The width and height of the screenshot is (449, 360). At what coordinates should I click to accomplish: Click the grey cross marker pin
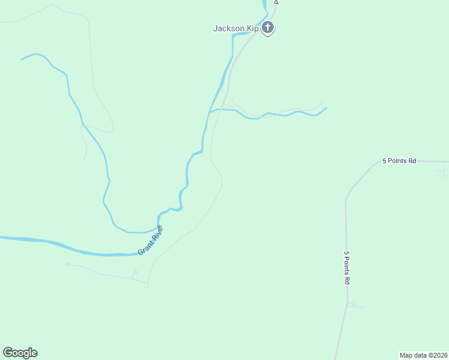(x=268, y=28)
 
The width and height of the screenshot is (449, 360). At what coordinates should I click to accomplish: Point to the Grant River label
(x=151, y=240)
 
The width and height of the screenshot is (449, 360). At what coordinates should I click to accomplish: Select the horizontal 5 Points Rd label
(x=399, y=161)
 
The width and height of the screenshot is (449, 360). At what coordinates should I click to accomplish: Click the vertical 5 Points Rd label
(x=347, y=267)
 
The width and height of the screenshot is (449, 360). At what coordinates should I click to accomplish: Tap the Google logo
(x=20, y=353)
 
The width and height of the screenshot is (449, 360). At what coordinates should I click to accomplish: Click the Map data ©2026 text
(x=424, y=355)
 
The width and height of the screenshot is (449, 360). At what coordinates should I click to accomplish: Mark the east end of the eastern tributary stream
(x=326, y=108)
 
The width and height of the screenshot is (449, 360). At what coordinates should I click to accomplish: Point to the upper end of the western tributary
(x=22, y=59)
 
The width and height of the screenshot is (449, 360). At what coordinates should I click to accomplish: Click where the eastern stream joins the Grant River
(x=209, y=112)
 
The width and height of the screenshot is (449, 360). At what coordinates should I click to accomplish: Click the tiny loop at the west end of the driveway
(x=68, y=264)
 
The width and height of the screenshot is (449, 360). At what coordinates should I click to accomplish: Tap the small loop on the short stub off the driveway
(x=135, y=272)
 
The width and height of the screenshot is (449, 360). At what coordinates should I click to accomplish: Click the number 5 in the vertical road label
(x=347, y=254)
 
